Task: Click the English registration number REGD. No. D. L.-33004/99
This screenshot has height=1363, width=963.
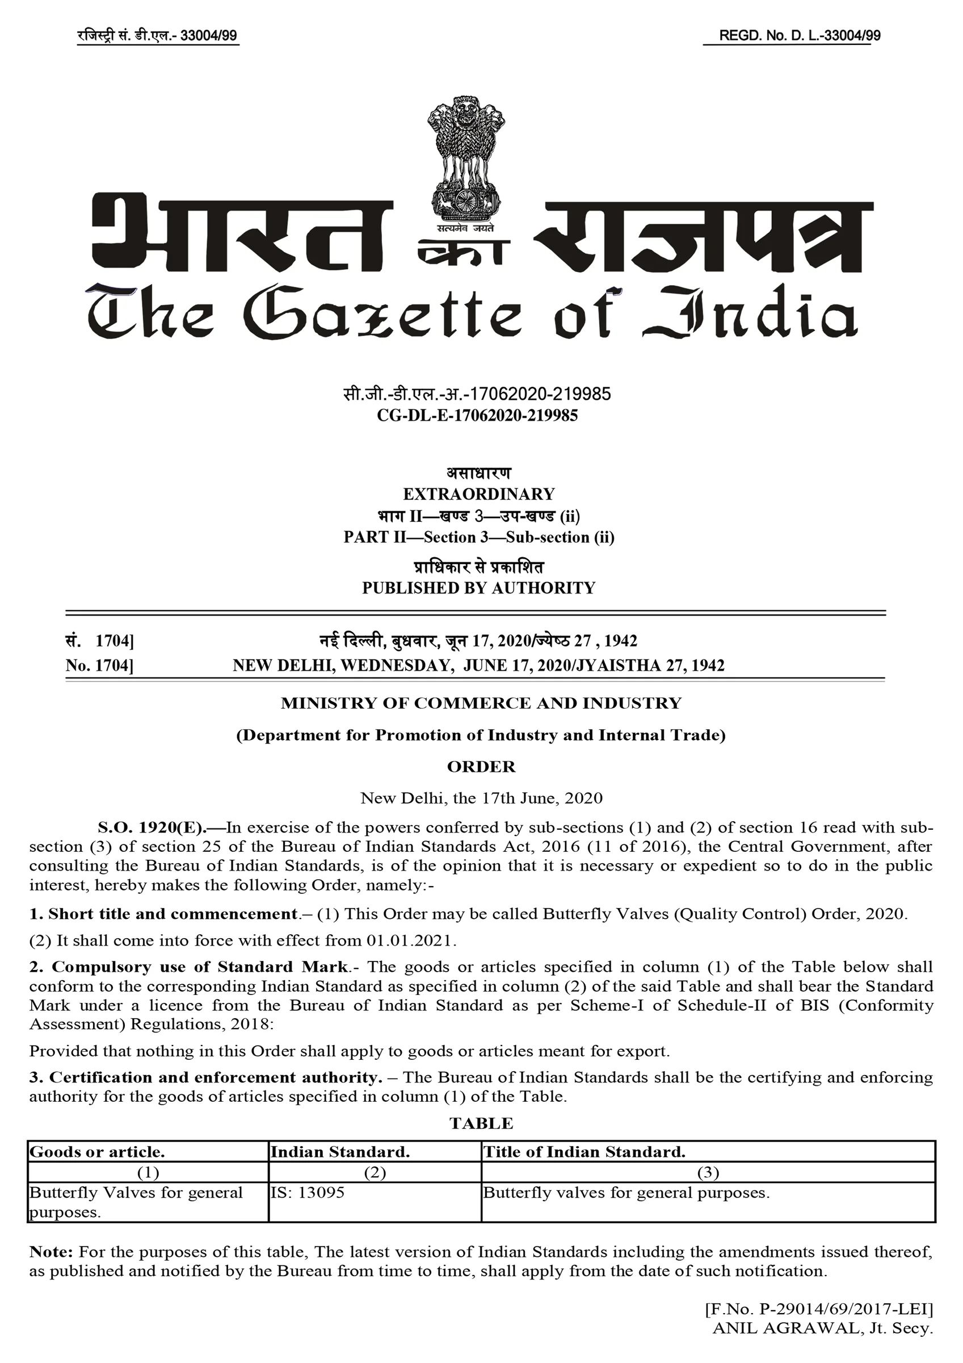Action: [x=799, y=36]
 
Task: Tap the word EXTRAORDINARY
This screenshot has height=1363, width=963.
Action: [x=479, y=494]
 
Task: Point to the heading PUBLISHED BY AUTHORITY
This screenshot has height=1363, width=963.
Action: [x=478, y=588]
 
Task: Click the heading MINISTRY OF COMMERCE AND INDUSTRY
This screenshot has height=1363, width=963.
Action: [x=481, y=704]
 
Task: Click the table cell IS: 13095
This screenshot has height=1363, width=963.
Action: [x=308, y=1193]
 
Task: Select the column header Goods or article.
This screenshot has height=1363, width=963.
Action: [x=97, y=1152]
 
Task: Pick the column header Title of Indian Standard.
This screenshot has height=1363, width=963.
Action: [x=584, y=1152]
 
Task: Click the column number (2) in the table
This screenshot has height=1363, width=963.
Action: [x=375, y=1172]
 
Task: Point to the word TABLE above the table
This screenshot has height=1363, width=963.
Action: [x=481, y=1124]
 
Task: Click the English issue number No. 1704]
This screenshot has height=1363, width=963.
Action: [x=99, y=666]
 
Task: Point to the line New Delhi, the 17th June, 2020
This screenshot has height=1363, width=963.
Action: [x=481, y=798]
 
